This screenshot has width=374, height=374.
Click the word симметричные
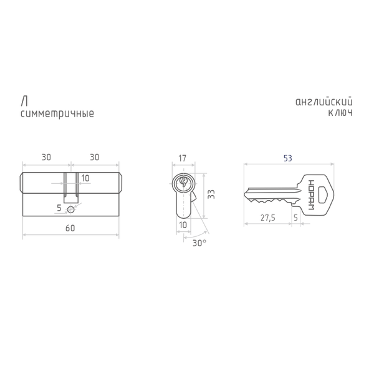(57, 113)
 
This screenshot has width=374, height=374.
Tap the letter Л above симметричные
(24, 102)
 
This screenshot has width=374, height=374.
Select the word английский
(324, 102)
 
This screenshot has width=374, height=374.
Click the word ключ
(340, 113)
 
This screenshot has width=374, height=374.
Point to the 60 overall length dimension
(70, 228)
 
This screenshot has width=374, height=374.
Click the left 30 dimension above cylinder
(46, 158)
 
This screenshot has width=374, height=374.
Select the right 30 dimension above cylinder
(95, 158)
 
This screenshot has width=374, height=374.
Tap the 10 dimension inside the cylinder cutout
(85, 178)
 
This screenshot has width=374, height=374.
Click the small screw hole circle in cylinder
(71, 209)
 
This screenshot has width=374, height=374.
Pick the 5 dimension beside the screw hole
(59, 208)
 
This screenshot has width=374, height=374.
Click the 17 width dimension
(182, 158)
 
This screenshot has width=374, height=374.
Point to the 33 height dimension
(211, 194)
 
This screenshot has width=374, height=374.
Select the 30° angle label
(199, 243)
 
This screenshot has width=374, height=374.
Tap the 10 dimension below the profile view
(183, 225)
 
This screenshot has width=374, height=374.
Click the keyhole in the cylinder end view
(183, 182)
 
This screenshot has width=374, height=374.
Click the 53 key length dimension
(287, 158)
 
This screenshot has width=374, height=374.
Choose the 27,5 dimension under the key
(268, 218)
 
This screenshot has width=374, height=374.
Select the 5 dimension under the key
(295, 218)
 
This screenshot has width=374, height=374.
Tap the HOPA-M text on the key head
(311, 195)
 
